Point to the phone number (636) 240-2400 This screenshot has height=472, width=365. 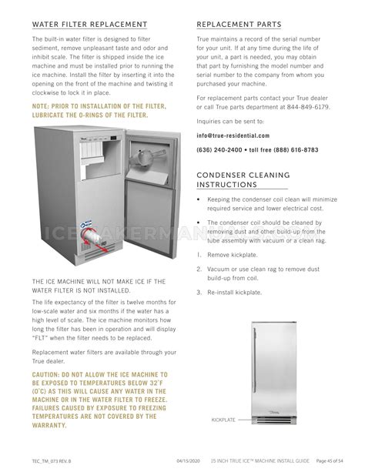tap(219, 150)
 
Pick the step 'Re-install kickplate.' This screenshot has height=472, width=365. tap(238, 293)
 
